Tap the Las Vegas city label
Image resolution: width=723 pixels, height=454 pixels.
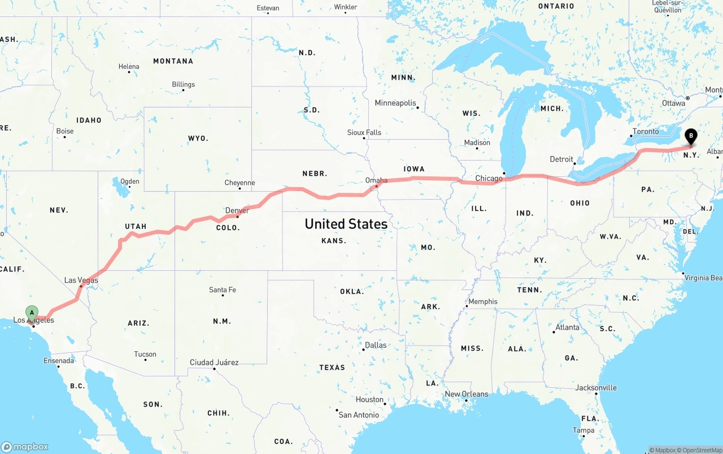[81, 280]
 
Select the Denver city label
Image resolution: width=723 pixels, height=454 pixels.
[237, 211]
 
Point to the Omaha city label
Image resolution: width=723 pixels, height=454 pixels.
[376, 181]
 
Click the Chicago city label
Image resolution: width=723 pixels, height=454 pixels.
[489, 179]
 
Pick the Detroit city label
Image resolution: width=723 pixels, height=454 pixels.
[561, 159]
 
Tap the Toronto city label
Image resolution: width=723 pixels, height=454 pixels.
[646, 132]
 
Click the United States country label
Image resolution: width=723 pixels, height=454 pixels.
[346, 224]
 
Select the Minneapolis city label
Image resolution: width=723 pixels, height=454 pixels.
[395, 103]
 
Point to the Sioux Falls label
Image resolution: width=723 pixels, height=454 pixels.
[364, 133]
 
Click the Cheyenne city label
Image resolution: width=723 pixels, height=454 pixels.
[239, 183]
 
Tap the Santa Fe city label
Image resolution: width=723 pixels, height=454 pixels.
[223, 290]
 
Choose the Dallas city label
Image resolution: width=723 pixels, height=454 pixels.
[376, 345]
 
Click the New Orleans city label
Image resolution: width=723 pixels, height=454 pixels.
[467, 395]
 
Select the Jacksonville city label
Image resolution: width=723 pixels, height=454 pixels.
[596, 388]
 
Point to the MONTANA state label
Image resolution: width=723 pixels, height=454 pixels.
[173, 61]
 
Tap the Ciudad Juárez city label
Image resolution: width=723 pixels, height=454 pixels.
[214, 362]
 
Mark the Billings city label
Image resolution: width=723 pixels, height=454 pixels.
[183, 85]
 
